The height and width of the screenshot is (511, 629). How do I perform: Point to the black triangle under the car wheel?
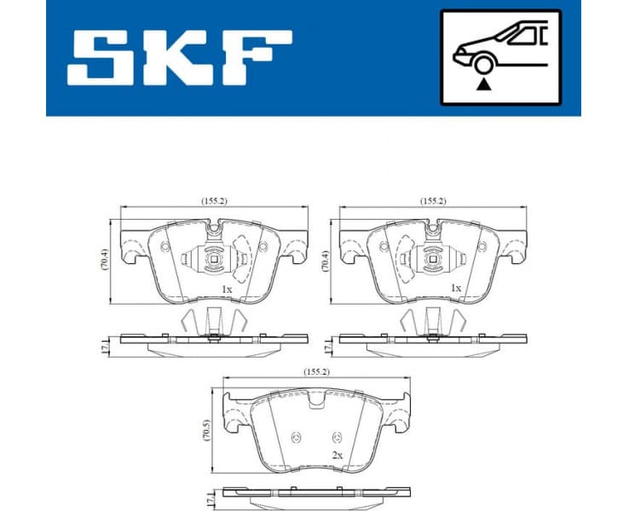point(484,83)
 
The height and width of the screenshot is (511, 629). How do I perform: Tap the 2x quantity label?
point(337,456)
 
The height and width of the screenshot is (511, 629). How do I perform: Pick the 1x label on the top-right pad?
point(455,289)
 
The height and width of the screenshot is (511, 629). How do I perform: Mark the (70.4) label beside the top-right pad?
point(325,258)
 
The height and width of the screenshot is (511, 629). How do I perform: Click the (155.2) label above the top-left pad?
point(215,201)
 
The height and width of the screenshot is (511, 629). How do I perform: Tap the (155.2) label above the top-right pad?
point(433,201)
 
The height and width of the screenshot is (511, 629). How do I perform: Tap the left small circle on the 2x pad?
point(297,438)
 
